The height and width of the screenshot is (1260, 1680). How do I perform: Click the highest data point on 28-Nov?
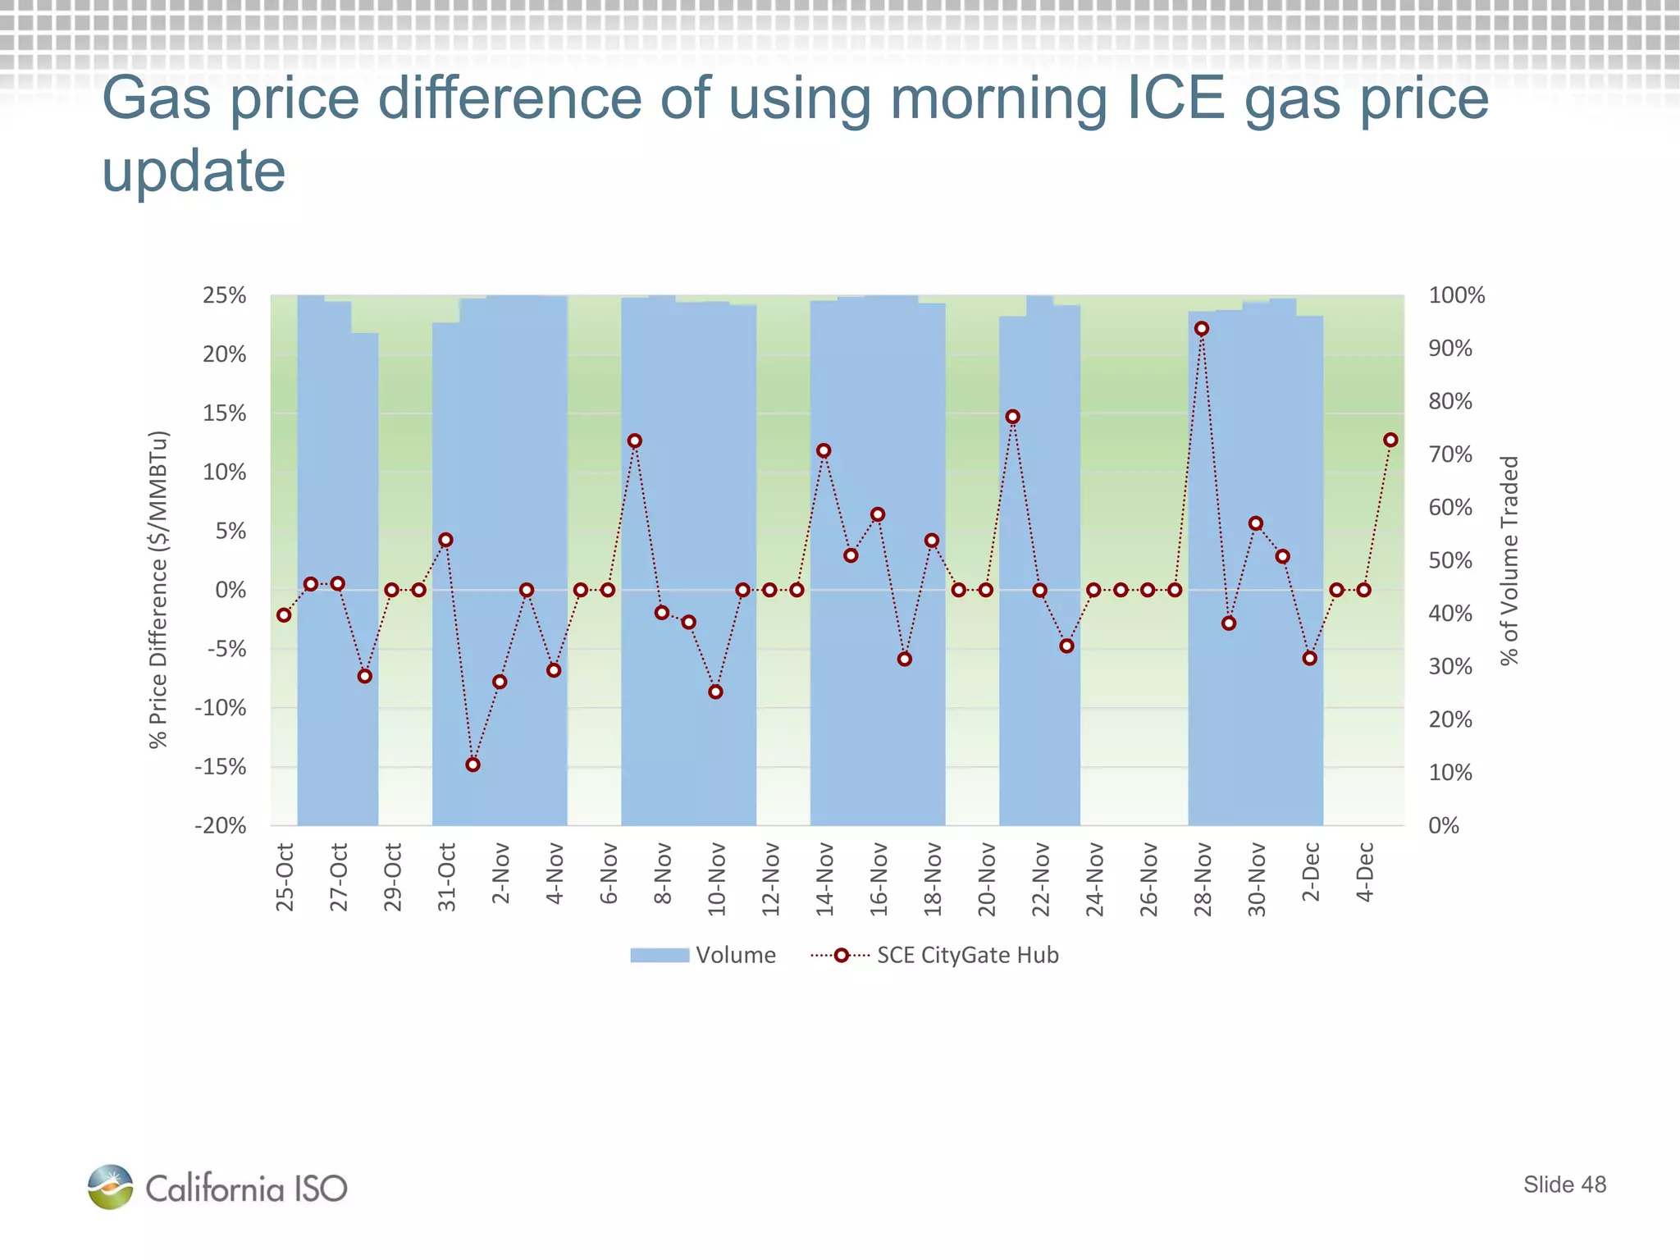pos(1202,329)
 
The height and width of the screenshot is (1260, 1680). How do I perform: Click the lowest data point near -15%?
pos(472,765)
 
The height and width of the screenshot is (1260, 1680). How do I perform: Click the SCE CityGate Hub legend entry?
pos(935,955)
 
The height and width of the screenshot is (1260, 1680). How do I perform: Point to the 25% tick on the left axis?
pos(224,295)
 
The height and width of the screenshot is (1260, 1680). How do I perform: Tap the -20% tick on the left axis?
pos(220,825)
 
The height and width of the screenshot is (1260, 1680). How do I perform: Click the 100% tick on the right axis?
pos(1456,295)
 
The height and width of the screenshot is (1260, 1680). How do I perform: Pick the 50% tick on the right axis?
pos(1450,560)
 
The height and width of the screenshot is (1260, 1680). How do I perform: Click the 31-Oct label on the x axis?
pos(446,877)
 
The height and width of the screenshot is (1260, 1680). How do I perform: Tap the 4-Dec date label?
pos(1364,872)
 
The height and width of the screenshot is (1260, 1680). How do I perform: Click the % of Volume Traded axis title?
pos(1509,560)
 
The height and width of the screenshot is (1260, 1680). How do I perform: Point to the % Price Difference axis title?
pos(158,589)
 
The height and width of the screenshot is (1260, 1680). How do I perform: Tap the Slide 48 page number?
pos(1564,1185)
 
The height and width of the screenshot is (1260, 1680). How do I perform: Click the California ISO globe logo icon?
pos(110,1187)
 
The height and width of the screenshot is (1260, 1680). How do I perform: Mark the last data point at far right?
pos(1390,441)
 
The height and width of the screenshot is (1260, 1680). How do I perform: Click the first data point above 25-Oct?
pos(284,615)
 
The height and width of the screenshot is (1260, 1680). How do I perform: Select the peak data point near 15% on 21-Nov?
pos(1012,417)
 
